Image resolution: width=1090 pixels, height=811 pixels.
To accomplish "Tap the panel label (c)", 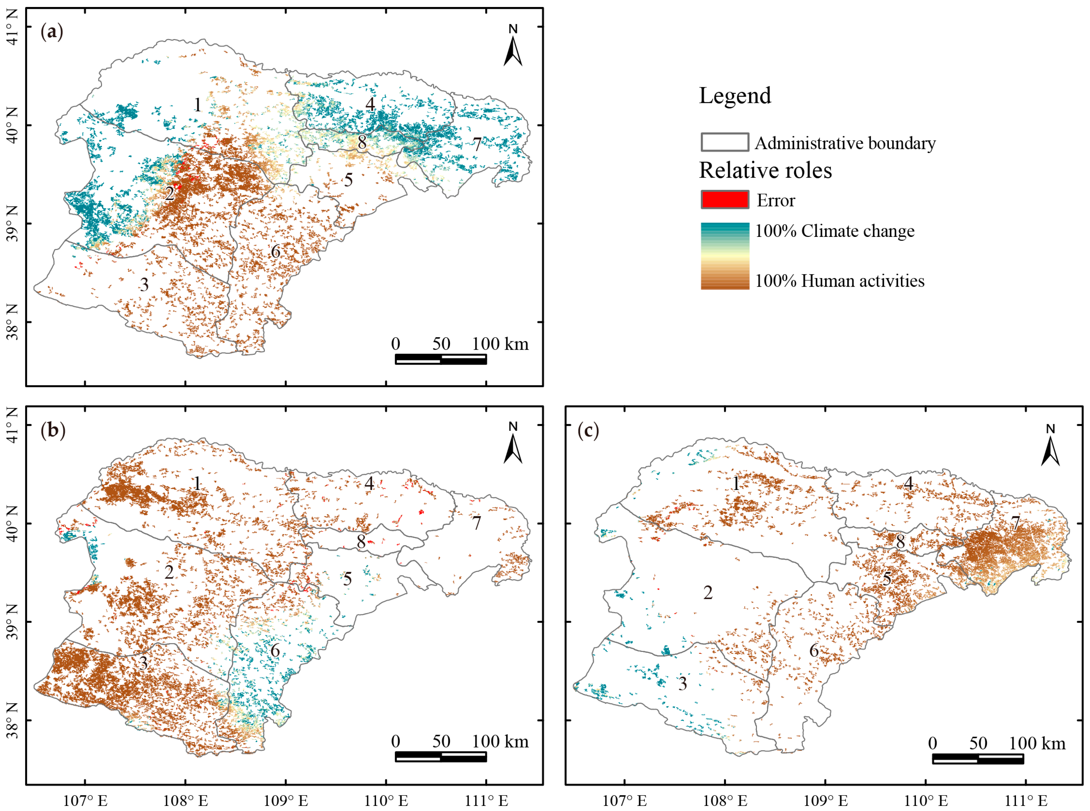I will coord(588,431).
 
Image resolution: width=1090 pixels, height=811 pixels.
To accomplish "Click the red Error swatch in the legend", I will coord(725,200).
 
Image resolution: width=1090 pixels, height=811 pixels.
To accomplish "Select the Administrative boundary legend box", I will coord(725,142).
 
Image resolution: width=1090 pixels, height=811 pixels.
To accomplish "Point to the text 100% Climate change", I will coord(835,231).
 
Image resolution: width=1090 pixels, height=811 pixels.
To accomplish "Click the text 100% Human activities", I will coord(840,281).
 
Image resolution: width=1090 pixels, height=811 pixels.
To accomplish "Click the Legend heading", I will coord(735,96).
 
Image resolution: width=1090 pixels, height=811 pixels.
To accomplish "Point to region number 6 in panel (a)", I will coord(276,252).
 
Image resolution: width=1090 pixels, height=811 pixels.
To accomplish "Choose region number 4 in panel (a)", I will coord(370,104).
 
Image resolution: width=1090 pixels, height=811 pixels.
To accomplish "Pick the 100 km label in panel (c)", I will coord(1038,744).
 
